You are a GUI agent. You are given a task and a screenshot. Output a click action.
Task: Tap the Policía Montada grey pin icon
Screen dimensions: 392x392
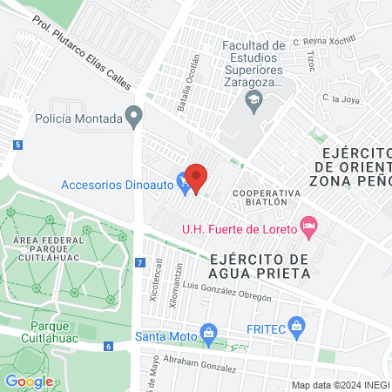[x=133, y=115]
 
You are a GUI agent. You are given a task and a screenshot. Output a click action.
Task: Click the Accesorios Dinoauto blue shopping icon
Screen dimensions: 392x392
[x=183, y=184]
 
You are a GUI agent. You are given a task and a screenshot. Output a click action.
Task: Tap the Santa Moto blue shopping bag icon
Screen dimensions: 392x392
[x=208, y=332]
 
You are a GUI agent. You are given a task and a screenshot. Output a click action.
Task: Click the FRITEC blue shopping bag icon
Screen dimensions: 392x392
[x=297, y=327]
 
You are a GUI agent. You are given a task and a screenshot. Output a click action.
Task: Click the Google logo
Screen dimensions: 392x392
[x=28, y=381]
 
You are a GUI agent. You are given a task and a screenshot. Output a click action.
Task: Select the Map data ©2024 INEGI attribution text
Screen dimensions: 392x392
[x=339, y=385]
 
